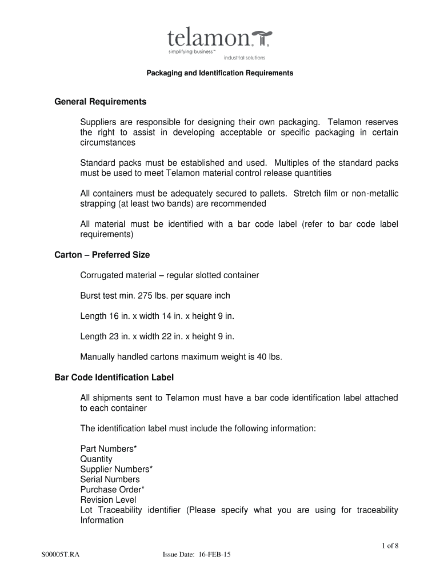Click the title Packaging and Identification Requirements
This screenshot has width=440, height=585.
click(x=220, y=73)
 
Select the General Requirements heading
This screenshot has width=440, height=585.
click(x=101, y=102)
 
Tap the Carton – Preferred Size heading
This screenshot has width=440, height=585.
click(x=102, y=255)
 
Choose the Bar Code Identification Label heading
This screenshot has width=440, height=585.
click(x=114, y=378)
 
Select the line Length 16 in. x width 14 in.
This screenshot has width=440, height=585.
click(x=157, y=316)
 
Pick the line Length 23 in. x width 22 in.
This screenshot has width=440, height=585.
click(x=157, y=336)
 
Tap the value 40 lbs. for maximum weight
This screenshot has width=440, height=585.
click(x=269, y=357)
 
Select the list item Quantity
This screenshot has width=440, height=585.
click(x=97, y=459)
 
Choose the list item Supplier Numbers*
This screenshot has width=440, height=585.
click(x=117, y=470)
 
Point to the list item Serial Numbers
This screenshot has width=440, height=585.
click(x=110, y=480)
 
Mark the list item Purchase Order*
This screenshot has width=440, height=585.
click(x=113, y=490)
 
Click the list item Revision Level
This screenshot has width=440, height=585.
click(x=109, y=500)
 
